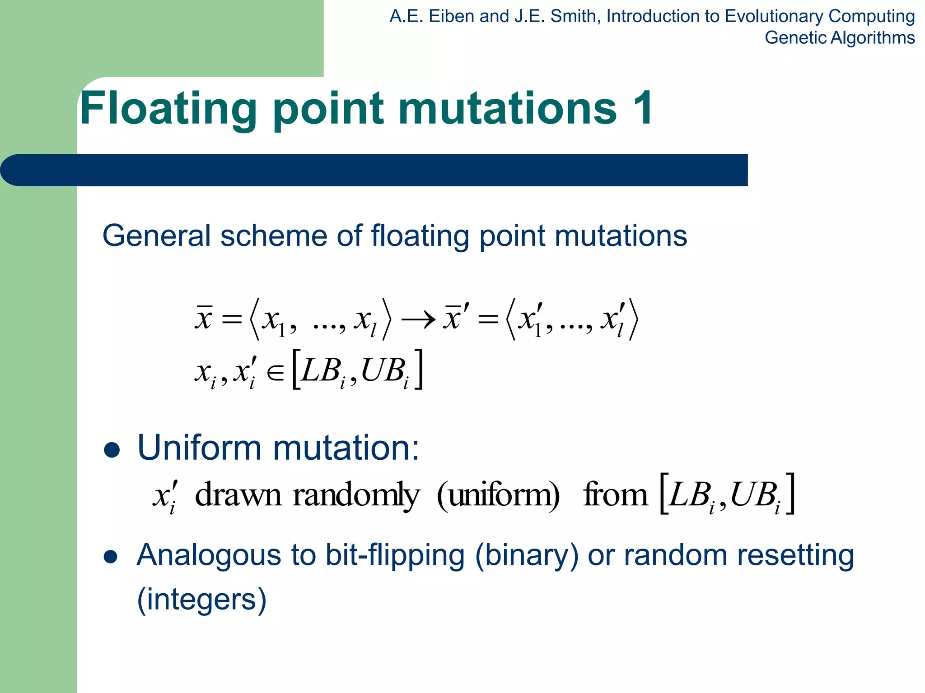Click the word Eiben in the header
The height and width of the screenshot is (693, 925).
(x=452, y=16)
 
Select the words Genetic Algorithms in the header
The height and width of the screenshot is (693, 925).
(x=839, y=38)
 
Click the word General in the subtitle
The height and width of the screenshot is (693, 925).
(x=156, y=236)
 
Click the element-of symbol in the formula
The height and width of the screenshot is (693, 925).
(x=276, y=373)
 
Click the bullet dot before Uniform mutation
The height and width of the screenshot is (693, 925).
(x=112, y=450)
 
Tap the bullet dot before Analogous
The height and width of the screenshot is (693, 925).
(x=111, y=557)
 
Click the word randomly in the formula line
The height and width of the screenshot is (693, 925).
(x=356, y=495)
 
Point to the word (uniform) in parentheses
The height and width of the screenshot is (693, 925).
(x=498, y=495)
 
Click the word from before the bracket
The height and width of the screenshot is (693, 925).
(x=615, y=494)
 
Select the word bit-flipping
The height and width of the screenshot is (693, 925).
(x=395, y=555)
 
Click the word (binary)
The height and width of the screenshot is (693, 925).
(x=526, y=555)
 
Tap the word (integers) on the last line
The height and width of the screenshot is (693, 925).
(x=201, y=600)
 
